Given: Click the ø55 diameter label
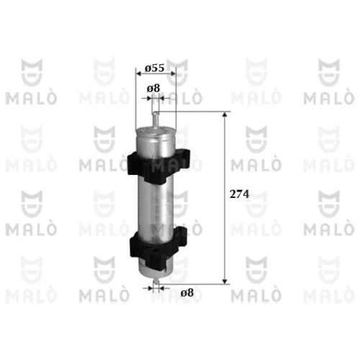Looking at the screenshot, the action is tap(155, 68).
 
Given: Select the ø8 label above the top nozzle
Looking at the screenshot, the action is tap(153, 89).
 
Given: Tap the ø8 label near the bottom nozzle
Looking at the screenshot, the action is tap(187, 293).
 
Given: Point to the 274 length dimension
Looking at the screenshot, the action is tap(239, 194).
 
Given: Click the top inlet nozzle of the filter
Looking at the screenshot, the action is tap(156, 120).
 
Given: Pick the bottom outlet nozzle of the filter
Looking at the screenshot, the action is tap(156, 282).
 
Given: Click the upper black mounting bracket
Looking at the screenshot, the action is tap(158, 166).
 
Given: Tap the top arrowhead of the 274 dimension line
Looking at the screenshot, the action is tap(225, 114).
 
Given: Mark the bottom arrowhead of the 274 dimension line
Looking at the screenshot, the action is tap(225, 282).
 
